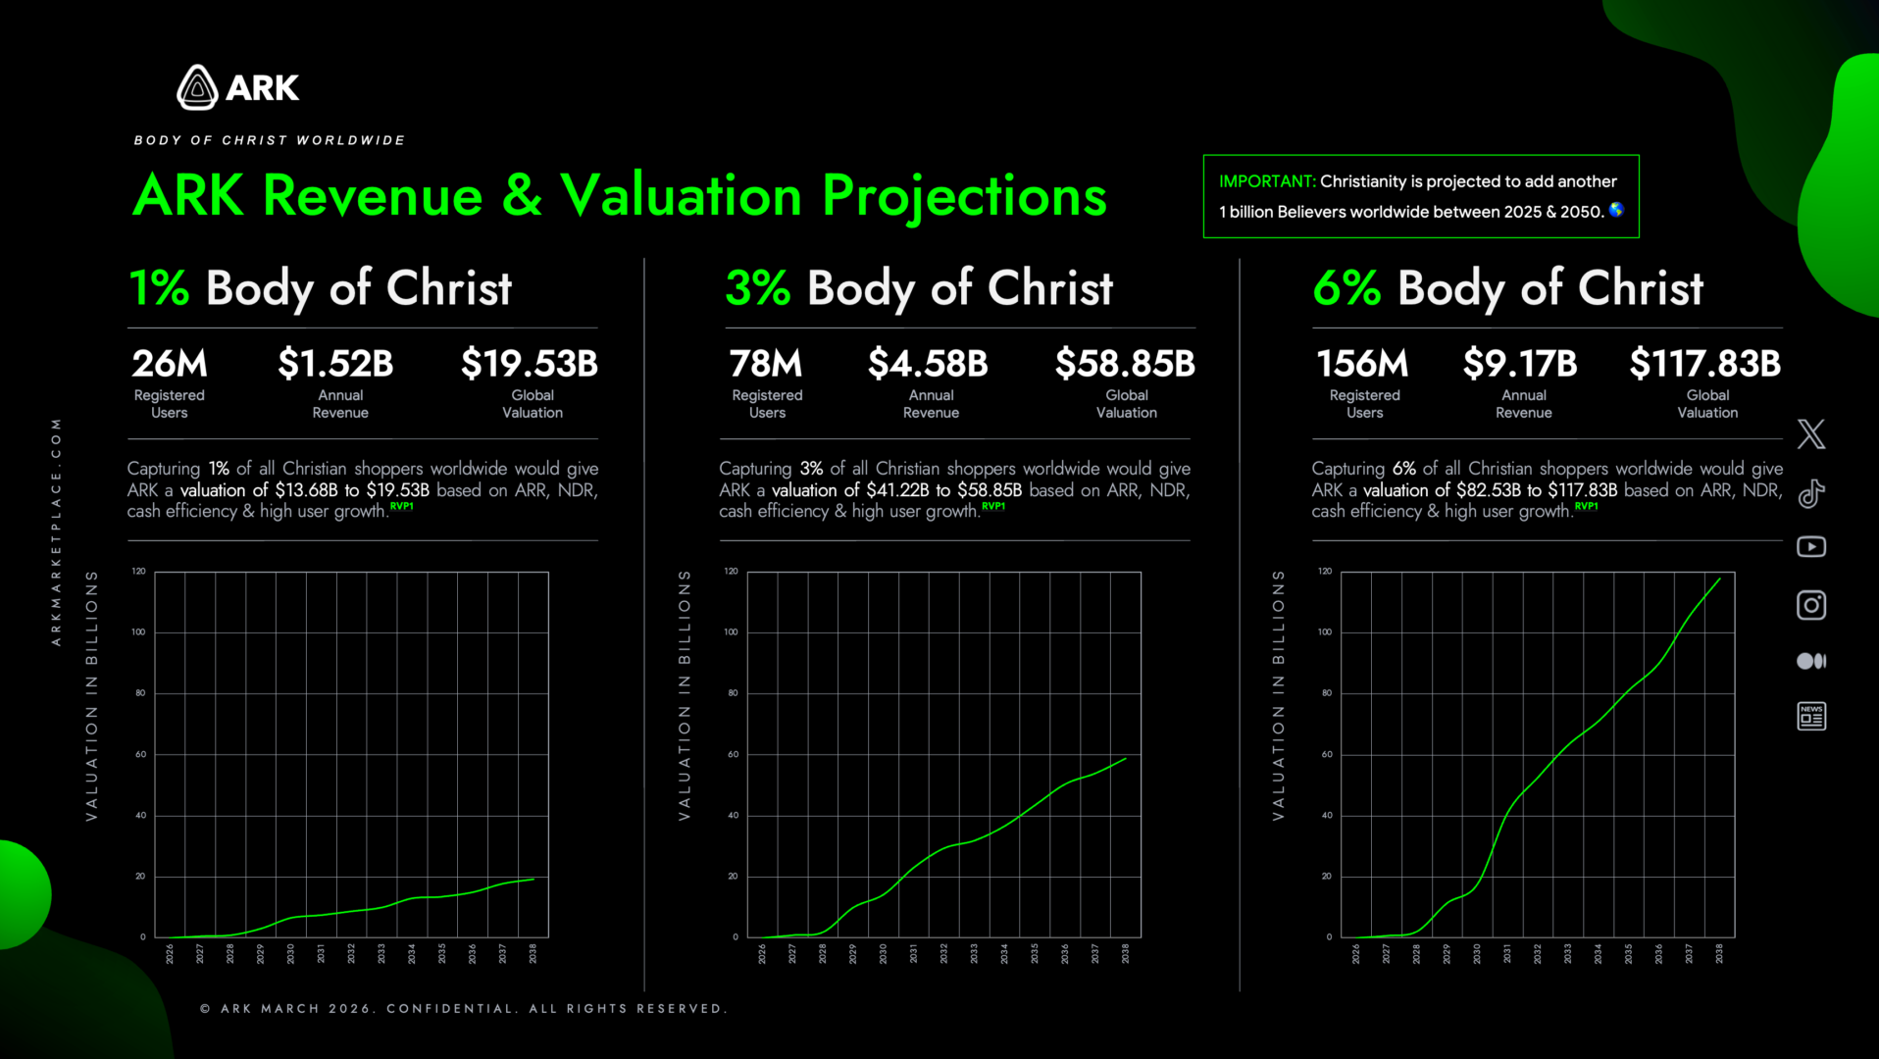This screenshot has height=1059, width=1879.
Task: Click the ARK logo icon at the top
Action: point(197,87)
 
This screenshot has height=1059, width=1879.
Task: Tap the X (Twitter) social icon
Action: point(1810,433)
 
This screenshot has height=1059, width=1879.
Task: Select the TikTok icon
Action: point(1810,493)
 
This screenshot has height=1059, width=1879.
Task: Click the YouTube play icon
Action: point(1810,547)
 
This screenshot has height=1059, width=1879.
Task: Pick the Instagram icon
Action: point(1810,605)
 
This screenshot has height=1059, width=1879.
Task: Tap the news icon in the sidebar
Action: point(1810,717)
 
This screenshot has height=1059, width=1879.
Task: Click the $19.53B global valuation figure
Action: point(530,364)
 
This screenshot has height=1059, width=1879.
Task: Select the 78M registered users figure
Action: point(766,364)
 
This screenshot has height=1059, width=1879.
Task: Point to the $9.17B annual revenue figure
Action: point(1520,364)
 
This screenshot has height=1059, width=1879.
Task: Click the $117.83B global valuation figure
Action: point(1704,364)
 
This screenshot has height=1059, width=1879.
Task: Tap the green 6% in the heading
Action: point(1346,288)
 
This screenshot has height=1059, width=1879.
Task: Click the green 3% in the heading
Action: point(758,288)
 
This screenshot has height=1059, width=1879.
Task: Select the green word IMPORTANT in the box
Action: point(1266,181)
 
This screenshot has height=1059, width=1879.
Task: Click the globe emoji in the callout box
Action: point(1616,210)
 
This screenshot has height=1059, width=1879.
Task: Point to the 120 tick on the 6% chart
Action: point(1325,571)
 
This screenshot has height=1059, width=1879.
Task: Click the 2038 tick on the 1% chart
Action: point(533,954)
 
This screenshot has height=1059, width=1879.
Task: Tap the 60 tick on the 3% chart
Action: point(733,754)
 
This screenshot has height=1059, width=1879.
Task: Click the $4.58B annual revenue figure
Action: point(928,364)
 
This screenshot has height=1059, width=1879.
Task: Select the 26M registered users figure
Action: point(170,364)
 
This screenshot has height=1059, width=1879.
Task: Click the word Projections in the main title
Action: point(964,196)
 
